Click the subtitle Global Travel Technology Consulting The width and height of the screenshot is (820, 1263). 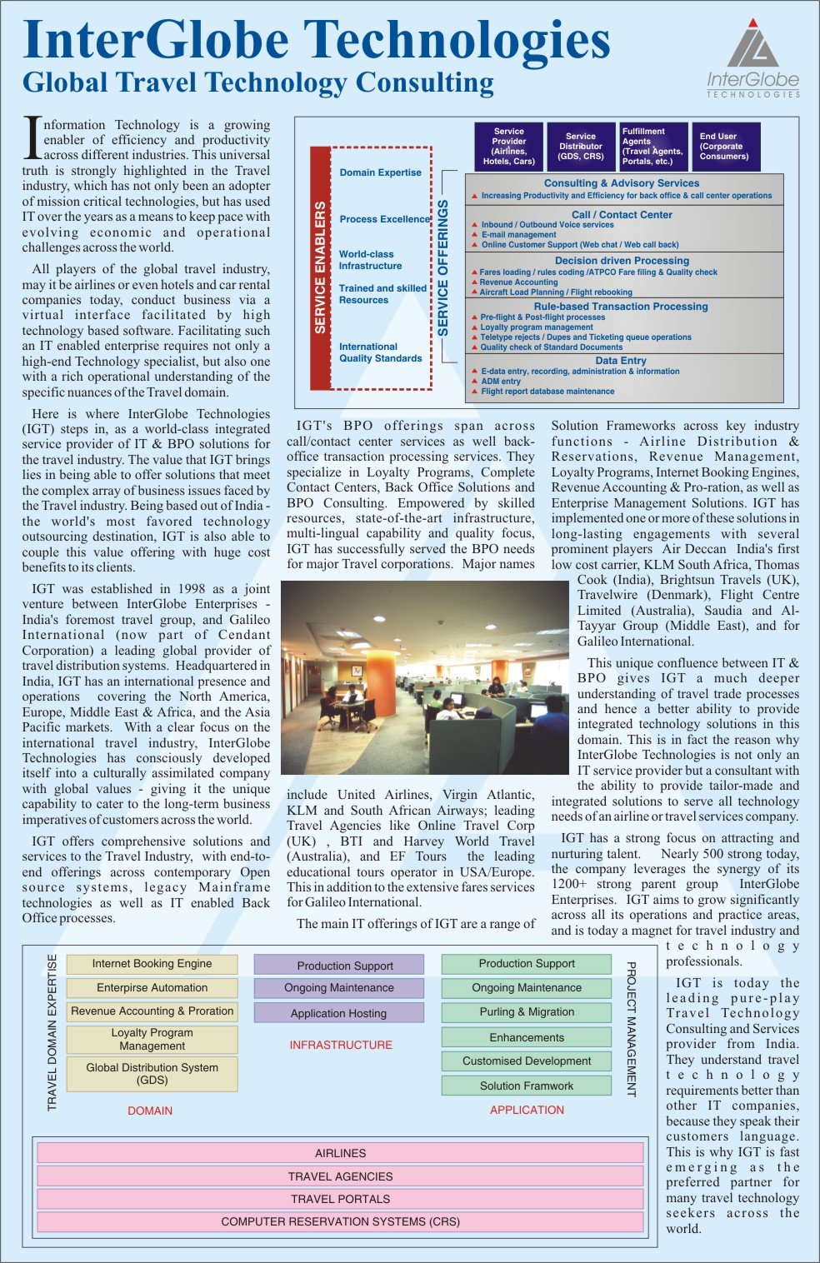click(x=258, y=82)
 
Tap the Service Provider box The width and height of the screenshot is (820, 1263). click(x=508, y=147)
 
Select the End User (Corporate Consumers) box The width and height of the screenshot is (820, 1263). click(x=724, y=147)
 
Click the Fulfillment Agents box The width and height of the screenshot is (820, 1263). click(x=653, y=147)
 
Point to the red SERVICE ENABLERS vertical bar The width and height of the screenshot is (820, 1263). click(x=320, y=268)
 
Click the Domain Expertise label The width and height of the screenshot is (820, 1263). click(x=381, y=172)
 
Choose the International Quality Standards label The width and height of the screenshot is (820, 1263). click(x=381, y=352)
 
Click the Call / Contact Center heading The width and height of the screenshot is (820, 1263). click(x=622, y=214)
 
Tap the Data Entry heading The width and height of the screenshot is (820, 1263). click(x=621, y=361)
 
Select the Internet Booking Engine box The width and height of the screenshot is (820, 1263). click(x=152, y=964)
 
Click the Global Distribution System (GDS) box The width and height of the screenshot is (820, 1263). click(x=152, y=1074)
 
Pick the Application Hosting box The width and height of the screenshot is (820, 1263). click(x=338, y=1013)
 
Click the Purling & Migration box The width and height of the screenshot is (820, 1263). click(x=527, y=1012)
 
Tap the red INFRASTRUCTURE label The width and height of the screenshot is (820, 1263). click(x=340, y=1045)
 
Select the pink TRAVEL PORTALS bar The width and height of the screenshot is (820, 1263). click(x=340, y=1199)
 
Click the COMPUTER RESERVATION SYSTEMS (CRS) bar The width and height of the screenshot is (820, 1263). click(x=340, y=1222)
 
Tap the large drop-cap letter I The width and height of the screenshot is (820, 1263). click(x=32, y=138)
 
